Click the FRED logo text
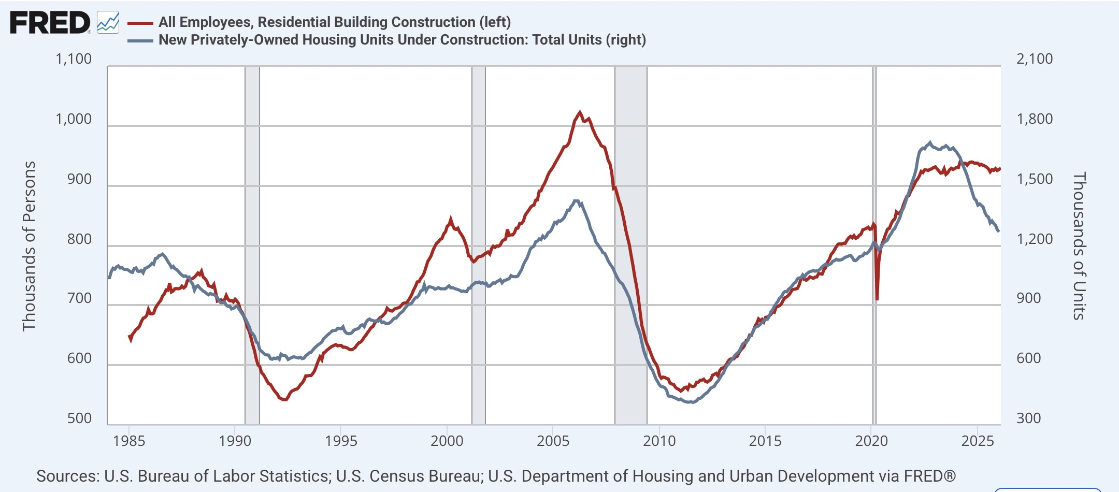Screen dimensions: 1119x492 (x=50, y=23)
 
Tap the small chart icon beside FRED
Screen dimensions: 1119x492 (x=108, y=23)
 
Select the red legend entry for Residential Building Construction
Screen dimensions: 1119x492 (x=319, y=22)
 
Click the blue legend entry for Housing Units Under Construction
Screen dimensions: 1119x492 (x=386, y=40)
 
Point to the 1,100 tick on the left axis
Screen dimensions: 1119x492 (x=74, y=59)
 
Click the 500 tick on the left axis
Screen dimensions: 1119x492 (x=79, y=418)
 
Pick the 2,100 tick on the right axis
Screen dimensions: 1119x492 (x=1035, y=59)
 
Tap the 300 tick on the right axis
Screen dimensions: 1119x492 (x=1028, y=418)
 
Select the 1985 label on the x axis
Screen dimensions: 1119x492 (x=129, y=441)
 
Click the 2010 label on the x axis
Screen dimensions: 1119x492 (x=659, y=441)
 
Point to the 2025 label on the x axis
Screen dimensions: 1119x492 (x=977, y=441)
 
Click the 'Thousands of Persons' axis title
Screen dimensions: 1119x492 (x=29, y=246)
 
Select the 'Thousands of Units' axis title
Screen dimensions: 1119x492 (x=1079, y=246)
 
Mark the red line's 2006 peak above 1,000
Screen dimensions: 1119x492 (x=580, y=112)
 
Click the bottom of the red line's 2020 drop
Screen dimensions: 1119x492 (x=877, y=299)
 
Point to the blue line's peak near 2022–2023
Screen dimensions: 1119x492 (x=930, y=142)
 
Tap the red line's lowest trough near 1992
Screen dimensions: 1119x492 (x=284, y=399)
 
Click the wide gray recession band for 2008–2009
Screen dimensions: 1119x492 (x=631, y=245)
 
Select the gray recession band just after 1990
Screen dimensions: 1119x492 (x=252, y=245)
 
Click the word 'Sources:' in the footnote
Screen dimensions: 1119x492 (x=67, y=476)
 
